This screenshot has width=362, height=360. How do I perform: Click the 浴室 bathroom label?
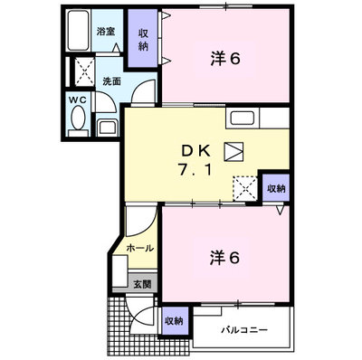click(106, 32)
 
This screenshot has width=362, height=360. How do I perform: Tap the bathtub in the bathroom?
click(78, 31)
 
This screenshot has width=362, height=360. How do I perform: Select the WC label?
click(78, 100)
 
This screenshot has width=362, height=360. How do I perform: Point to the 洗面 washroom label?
click(111, 81)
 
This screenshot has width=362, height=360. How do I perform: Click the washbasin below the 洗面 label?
click(108, 128)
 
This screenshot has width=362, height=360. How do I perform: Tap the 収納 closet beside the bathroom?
click(143, 38)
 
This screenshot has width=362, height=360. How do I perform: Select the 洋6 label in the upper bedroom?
click(225, 59)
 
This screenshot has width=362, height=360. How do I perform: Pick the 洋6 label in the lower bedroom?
click(225, 258)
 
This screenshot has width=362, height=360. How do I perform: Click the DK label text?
click(195, 152)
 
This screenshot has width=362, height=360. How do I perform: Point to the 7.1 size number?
click(195, 171)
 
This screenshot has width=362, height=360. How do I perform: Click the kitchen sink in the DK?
click(242, 118)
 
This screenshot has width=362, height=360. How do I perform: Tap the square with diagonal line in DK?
click(233, 151)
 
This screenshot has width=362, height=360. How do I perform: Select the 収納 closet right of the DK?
click(276, 188)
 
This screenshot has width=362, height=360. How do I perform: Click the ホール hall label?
click(140, 249)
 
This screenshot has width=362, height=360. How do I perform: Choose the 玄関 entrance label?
click(142, 284)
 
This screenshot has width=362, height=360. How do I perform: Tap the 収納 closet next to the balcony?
click(175, 321)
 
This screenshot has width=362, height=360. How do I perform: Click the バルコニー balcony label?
click(244, 330)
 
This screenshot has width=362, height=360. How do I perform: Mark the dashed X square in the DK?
click(245, 188)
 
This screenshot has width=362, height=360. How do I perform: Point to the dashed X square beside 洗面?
click(84, 71)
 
